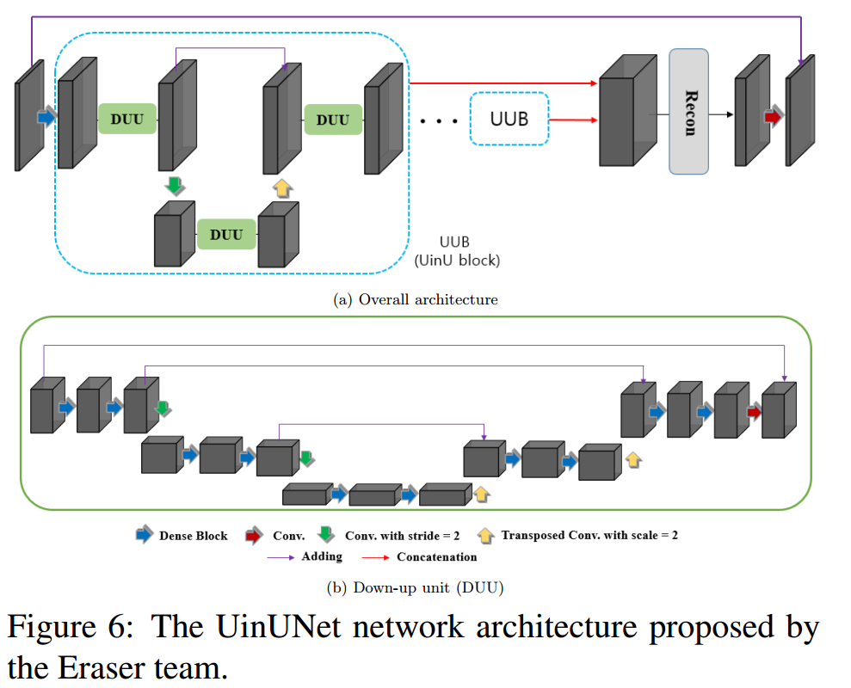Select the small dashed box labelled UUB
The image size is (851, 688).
point(509,119)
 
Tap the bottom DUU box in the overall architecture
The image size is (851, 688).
point(227,234)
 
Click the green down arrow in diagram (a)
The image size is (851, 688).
point(175,186)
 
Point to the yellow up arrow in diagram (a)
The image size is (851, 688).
point(281,187)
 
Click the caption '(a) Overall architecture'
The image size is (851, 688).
point(415,299)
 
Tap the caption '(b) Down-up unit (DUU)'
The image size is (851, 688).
point(416,588)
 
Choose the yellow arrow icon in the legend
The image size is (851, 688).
point(486,535)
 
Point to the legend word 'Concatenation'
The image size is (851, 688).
point(436,557)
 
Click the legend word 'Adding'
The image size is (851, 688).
point(321,556)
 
